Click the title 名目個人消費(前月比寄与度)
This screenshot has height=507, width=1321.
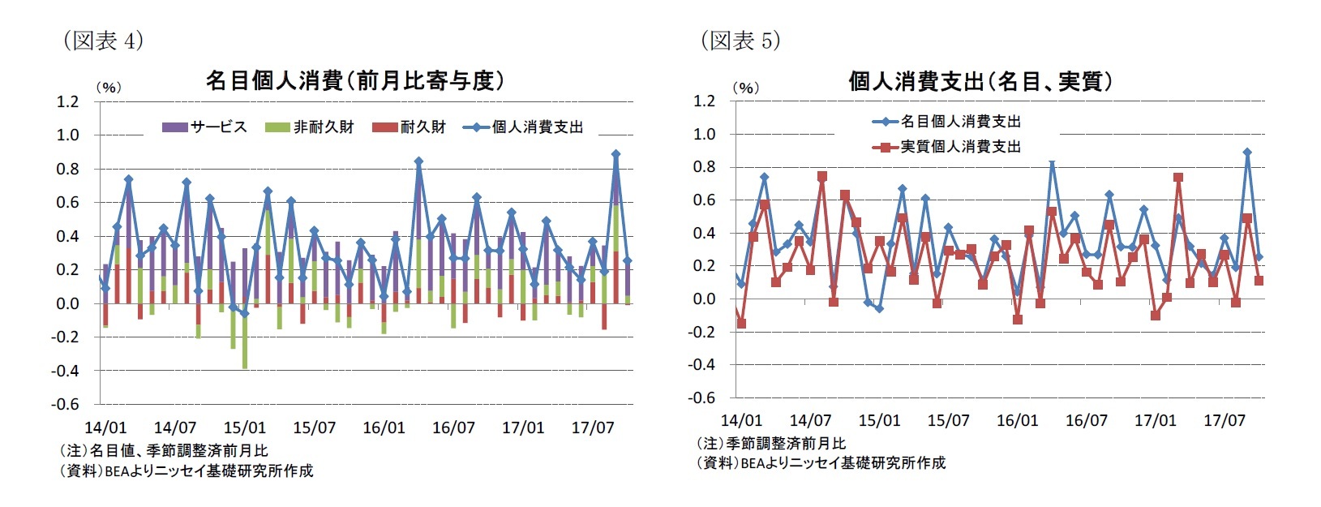click(354, 80)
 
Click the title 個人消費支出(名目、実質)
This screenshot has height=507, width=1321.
click(980, 81)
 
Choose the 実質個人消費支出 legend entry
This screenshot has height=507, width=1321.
click(946, 147)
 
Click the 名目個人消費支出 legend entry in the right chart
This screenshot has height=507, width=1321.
click(946, 122)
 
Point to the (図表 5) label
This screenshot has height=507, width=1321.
click(740, 41)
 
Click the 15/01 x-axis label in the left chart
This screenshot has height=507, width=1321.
click(244, 428)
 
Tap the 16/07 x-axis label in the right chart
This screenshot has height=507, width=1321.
click(1086, 420)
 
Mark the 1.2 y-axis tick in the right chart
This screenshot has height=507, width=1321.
click(705, 101)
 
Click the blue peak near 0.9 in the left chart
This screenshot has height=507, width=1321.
click(615, 153)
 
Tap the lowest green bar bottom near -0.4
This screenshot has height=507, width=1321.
click(245, 367)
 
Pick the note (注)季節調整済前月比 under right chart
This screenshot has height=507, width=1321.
click(771, 443)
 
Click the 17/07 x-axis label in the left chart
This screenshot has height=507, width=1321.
click(593, 428)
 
